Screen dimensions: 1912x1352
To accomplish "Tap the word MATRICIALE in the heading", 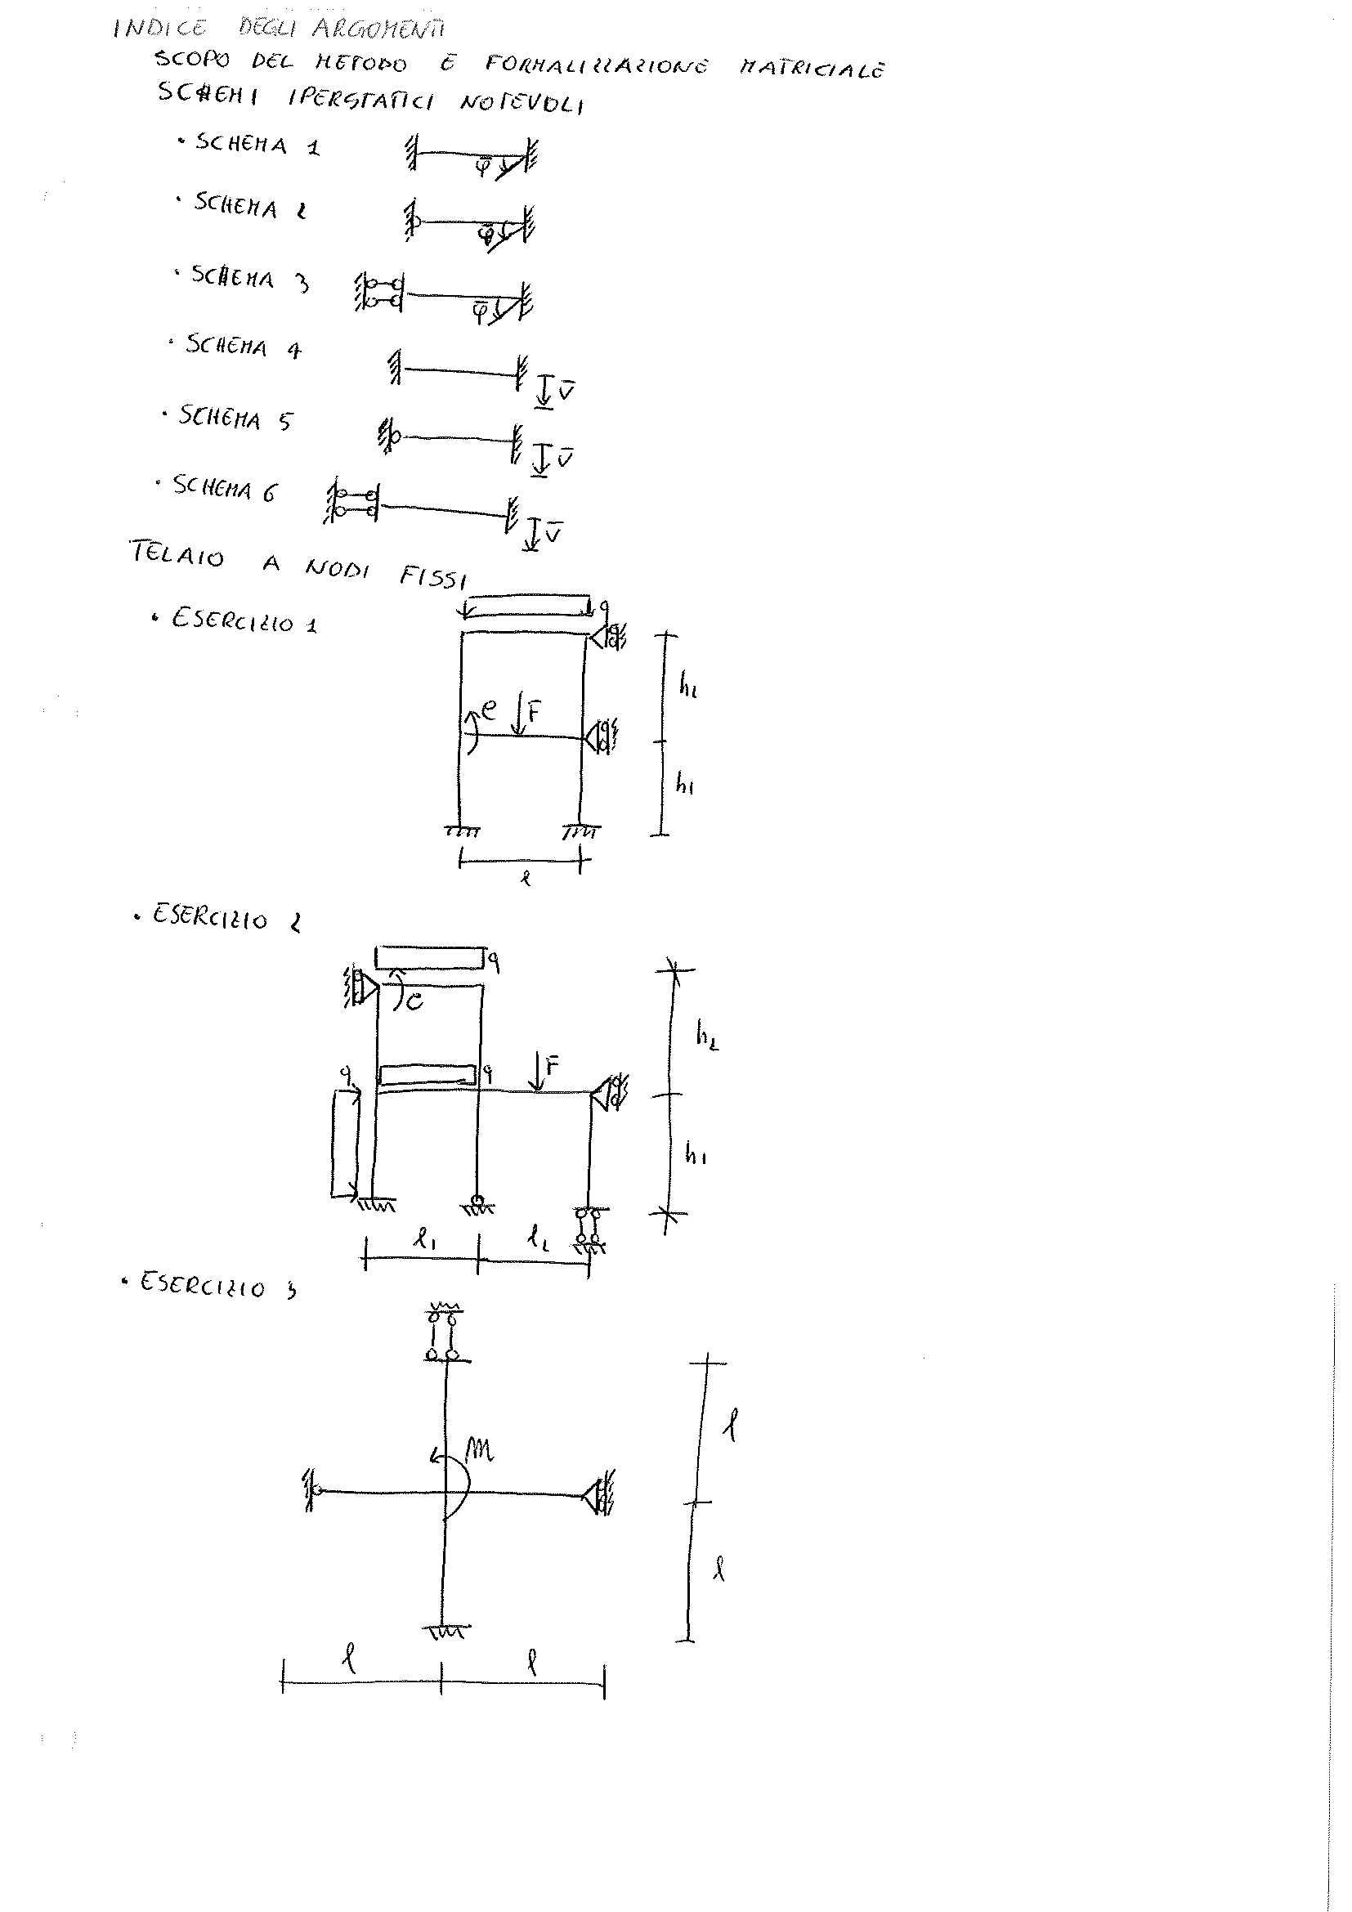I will (x=811, y=68).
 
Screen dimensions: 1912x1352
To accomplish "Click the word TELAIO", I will (x=177, y=553).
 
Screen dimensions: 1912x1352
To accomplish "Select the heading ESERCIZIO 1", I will (x=243, y=620).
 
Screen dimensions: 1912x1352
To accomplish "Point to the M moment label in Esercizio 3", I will (x=480, y=1452).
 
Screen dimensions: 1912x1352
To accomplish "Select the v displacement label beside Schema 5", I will (x=566, y=458).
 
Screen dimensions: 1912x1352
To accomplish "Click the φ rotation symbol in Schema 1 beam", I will (x=482, y=167).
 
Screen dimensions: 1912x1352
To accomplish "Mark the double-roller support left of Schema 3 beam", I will (x=379, y=293).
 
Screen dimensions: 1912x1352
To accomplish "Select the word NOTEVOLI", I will (x=522, y=103).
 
